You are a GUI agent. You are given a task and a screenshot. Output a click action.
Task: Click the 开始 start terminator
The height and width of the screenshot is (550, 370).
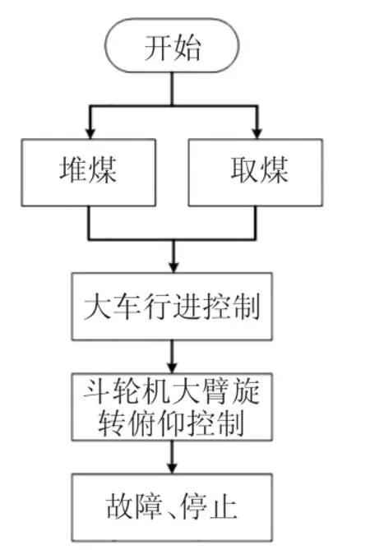[172, 45]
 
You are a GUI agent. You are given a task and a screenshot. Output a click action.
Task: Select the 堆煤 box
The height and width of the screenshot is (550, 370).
[88, 173]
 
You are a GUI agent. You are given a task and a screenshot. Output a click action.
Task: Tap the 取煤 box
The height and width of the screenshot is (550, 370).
[256, 173]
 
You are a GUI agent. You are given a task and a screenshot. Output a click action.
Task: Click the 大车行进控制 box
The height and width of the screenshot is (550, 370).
[172, 307]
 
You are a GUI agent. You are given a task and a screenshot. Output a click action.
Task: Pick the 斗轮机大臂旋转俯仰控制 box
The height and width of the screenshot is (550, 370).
[172, 407]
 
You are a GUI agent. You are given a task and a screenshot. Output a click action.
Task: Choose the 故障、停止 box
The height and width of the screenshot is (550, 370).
[172, 507]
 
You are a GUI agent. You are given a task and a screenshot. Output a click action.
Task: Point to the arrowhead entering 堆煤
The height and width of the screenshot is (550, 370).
[90, 134]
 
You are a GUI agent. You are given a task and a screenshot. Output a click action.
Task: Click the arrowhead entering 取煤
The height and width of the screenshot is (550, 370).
[257, 134]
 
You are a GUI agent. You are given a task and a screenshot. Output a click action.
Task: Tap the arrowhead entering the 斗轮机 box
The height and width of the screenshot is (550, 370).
[172, 368]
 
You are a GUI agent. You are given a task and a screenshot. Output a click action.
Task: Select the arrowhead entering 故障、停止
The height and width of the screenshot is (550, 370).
[172, 469]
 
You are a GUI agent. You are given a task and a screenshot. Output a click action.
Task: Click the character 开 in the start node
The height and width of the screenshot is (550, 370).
[158, 48]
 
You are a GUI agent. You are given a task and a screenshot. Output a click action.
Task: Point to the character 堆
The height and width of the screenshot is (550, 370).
[73, 170]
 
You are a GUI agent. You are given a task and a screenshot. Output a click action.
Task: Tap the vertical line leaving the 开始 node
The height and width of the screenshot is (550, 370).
[172, 89]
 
